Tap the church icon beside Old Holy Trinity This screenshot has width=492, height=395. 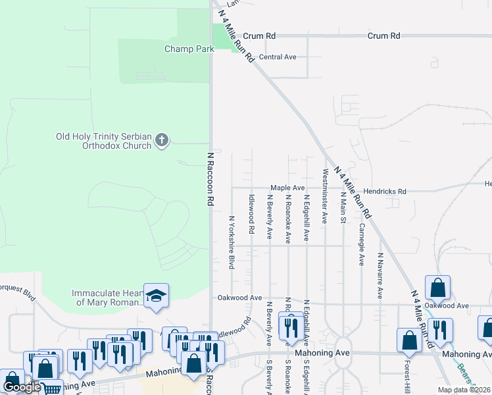162,140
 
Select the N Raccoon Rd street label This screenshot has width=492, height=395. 211,180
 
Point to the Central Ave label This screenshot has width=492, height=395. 278,57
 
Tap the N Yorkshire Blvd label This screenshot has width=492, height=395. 231,242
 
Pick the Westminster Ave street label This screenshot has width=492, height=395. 325,196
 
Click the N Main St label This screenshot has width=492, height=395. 343,203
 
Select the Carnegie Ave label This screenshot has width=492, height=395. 361,244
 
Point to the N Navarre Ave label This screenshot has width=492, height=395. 380,275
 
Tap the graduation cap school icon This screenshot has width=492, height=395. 157,296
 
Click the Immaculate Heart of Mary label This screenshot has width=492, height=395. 107,298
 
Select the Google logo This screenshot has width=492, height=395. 22,387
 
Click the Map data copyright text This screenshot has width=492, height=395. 463,390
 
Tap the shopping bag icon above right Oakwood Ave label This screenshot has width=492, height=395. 437,288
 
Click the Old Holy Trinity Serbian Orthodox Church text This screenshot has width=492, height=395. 104,141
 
